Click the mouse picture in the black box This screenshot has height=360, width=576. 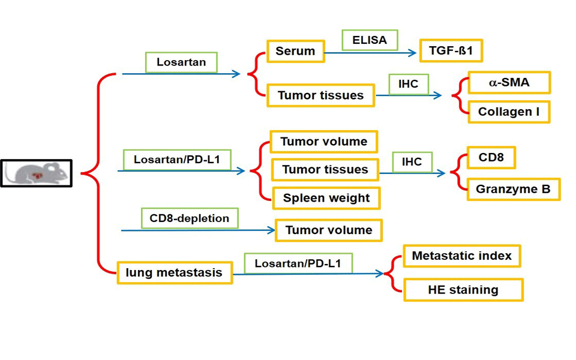36,173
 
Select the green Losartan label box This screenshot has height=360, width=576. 181,62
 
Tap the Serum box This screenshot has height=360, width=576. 295,52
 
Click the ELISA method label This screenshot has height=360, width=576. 369,41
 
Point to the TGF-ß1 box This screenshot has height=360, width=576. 451,50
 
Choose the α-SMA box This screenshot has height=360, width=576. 509,83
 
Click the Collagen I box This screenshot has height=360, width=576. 509,112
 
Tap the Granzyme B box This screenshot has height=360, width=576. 513,189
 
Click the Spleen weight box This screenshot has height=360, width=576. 326,198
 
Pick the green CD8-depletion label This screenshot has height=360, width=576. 190,218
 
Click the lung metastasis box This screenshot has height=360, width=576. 174,273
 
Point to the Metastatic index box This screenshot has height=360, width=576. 461,256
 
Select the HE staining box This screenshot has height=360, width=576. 463,290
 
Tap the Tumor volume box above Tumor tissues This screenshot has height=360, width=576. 323,142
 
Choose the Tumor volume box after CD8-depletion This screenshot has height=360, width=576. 328,230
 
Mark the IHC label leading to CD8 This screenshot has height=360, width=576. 412,161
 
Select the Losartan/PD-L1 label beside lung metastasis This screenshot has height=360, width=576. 298,263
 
